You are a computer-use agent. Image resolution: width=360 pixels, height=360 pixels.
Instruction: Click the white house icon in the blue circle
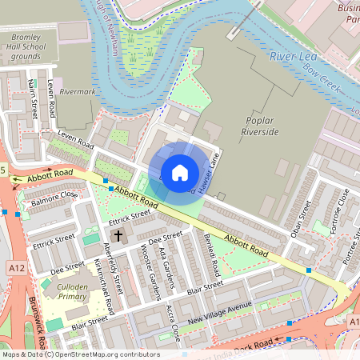coord(180,172)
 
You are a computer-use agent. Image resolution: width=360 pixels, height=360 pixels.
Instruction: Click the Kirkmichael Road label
coord(103,285)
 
